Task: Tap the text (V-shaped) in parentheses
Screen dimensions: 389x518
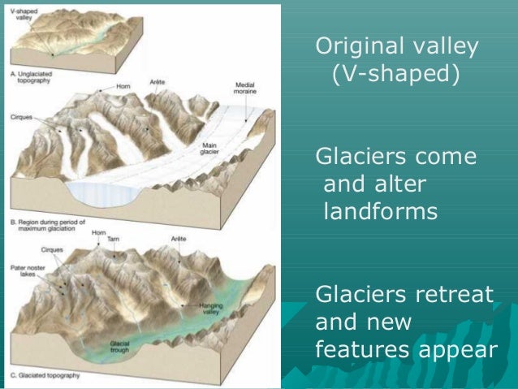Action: pyautogui.click(x=395, y=75)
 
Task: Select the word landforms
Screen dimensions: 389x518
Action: pyautogui.click(x=380, y=213)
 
